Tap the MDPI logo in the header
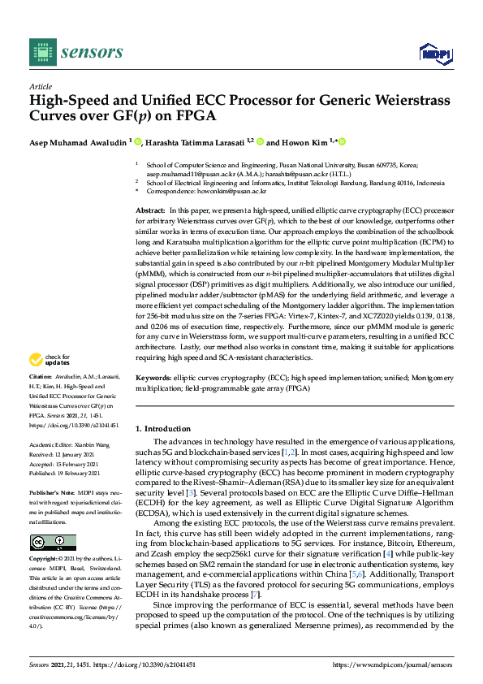(x=434, y=54)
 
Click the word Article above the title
(x=40, y=87)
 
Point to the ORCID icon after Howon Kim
(x=343, y=142)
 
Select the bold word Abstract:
(x=150, y=210)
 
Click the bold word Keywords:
(x=153, y=379)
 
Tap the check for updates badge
(x=50, y=359)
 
